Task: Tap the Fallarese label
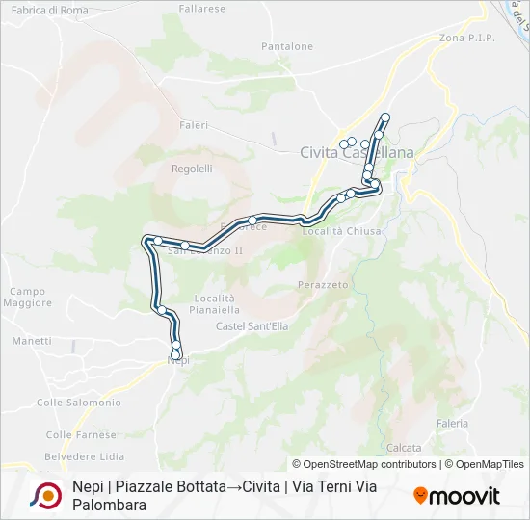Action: [202, 9]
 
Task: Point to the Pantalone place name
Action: [287, 46]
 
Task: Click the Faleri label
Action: [194, 125]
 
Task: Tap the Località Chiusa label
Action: [342, 231]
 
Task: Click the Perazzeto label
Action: [323, 286]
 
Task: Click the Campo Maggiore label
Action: [28, 298]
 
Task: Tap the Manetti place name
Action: [32, 341]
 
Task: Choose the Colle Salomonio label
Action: [79, 403]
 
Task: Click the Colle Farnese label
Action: [81, 435]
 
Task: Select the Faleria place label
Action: [452, 423]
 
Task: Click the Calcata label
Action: [404, 448]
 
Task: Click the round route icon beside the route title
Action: [45, 495]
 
